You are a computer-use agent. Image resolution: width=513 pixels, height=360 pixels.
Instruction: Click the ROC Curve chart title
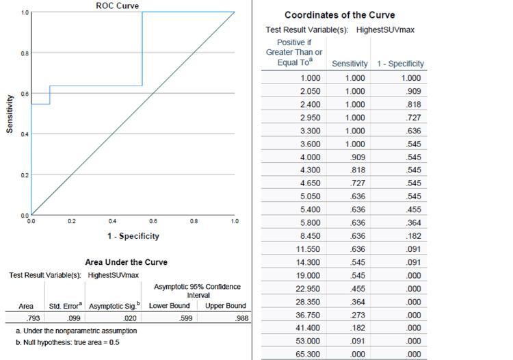click(117, 6)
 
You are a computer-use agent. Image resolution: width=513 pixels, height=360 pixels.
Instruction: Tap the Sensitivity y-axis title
click(10, 114)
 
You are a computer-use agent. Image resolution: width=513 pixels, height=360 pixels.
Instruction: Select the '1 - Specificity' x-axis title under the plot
click(133, 236)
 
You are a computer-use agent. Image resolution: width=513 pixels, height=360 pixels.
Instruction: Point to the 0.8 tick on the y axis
click(25, 53)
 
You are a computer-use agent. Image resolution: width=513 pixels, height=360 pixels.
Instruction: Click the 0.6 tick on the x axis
click(153, 221)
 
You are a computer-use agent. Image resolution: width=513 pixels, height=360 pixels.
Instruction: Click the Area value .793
click(30, 318)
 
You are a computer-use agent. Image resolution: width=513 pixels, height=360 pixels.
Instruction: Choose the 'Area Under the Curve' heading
click(126, 262)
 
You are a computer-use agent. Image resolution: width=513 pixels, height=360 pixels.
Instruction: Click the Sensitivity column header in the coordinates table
click(350, 64)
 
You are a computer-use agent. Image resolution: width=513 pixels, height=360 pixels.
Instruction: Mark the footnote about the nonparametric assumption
click(75, 331)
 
